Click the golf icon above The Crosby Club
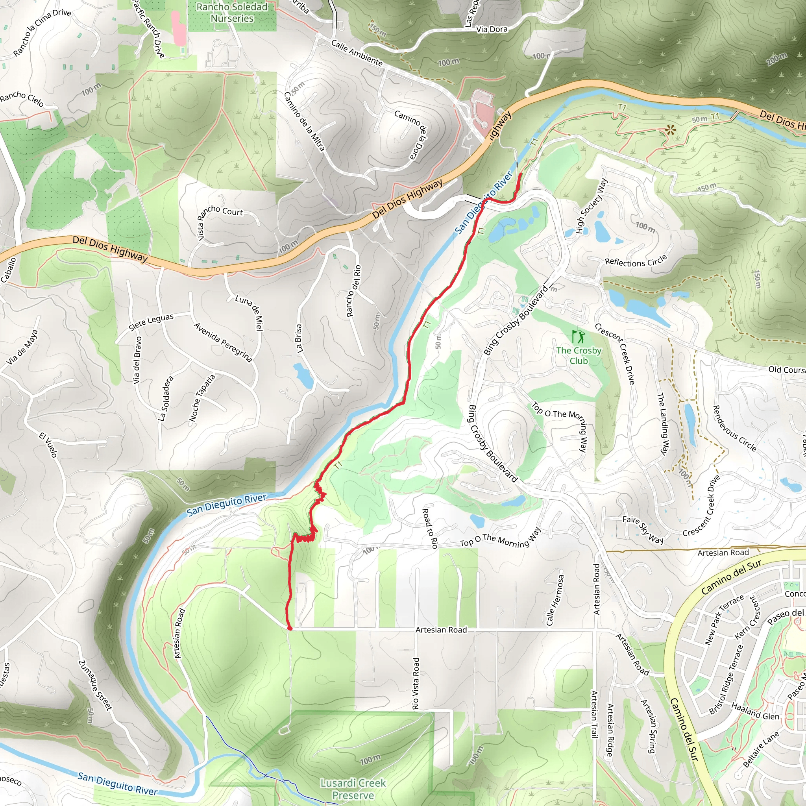tap(578, 336)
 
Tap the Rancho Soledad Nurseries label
tap(232, 13)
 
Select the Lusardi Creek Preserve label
tap(353, 789)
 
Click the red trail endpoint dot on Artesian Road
tap(290, 628)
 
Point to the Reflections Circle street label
tap(636, 262)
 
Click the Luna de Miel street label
tap(250, 312)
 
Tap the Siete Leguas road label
tap(151, 322)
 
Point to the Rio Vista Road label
tap(416, 683)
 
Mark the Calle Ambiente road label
tap(357, 53)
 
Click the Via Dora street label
tap(492, 29)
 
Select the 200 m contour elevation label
tap(777, 59)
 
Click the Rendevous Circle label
tap(734, 429)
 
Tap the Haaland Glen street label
tap(755, 711)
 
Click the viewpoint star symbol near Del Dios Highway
tap(670, 130)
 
